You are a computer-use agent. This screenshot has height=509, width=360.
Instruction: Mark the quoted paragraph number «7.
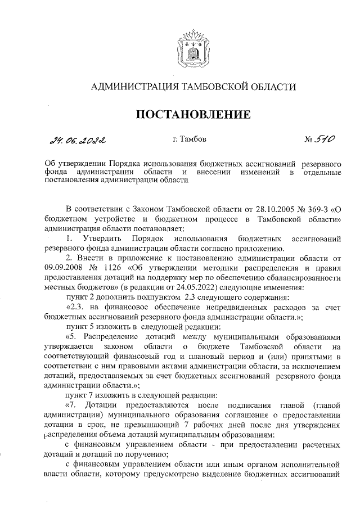pos(72,404)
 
